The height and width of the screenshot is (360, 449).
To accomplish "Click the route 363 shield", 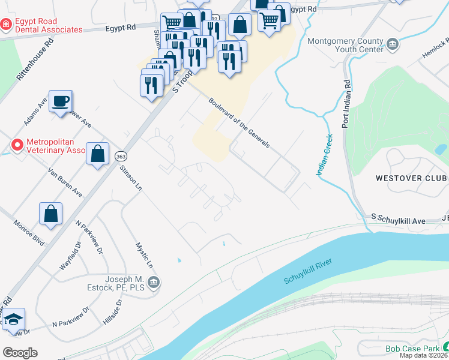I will coord(121,154).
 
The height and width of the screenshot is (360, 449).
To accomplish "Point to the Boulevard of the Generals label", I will coord(239,123).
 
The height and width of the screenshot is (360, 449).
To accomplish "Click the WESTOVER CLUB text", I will coord(411,178).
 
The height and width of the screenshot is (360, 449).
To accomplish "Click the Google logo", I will coord(20,352).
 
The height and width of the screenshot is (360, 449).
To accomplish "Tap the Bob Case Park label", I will coord(412,349).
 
